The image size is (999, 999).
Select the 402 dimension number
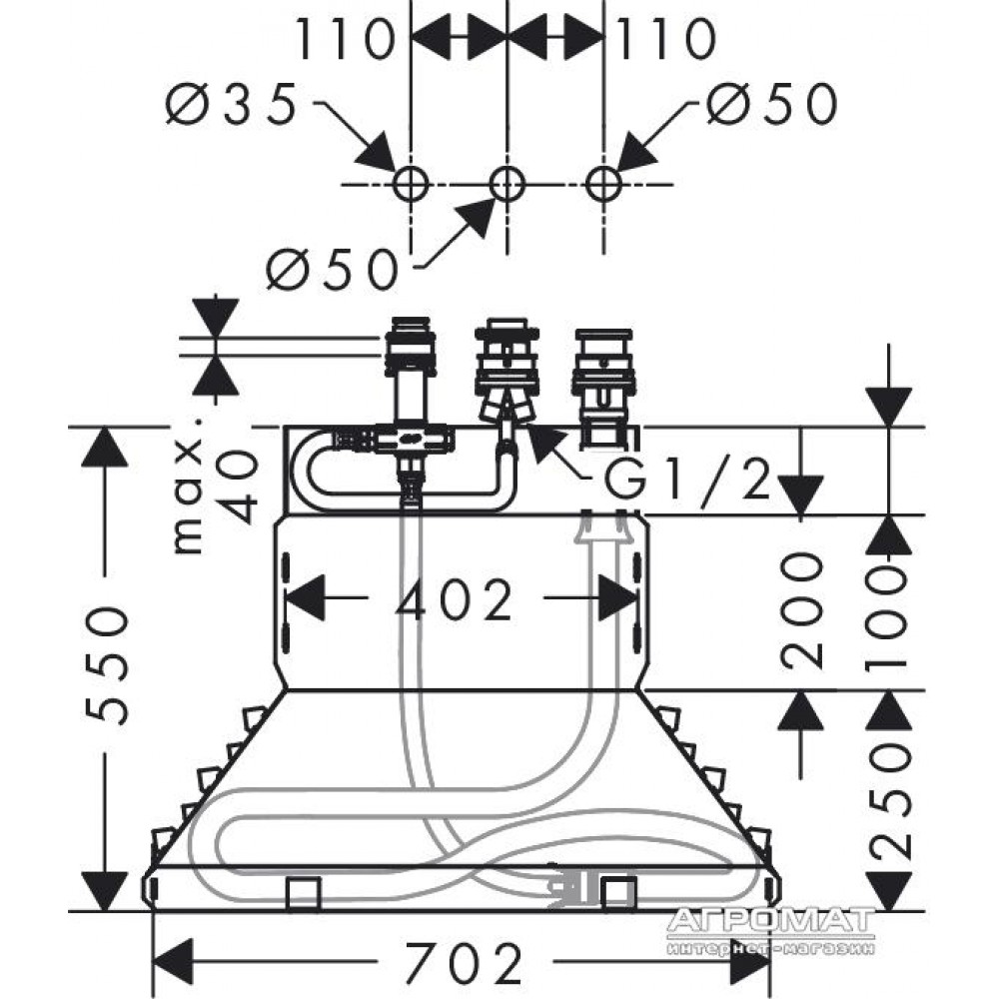point(454,598)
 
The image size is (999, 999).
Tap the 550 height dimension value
point(107,666)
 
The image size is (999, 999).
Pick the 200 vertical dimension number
point(801,610)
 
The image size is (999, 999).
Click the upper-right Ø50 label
point(771,103)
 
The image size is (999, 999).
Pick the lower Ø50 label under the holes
point(332,269)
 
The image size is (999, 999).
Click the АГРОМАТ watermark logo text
point(771,919)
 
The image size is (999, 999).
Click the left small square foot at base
point(303,894)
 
